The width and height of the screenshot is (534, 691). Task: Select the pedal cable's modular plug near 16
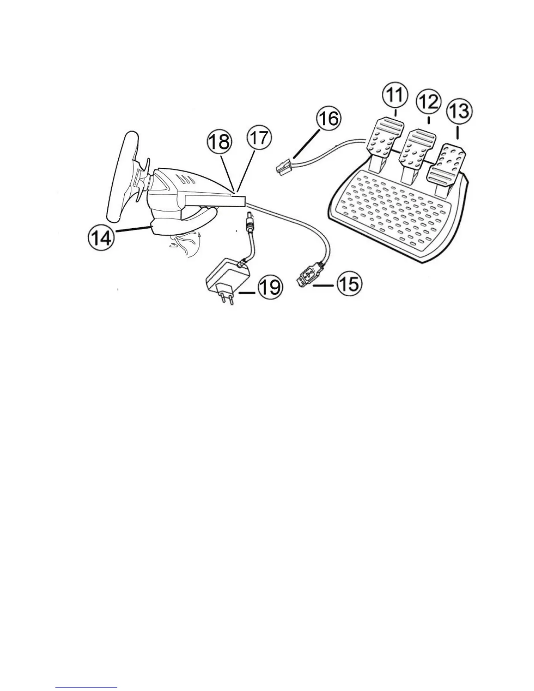pyautogui.click(x=284, y=166)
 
